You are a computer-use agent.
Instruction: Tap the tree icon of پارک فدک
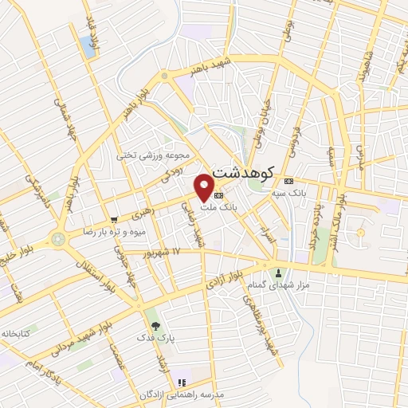155,325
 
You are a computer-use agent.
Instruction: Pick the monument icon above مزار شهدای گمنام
278,271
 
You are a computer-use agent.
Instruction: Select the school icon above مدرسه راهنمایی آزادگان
182,382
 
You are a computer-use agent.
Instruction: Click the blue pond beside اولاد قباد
86,45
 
